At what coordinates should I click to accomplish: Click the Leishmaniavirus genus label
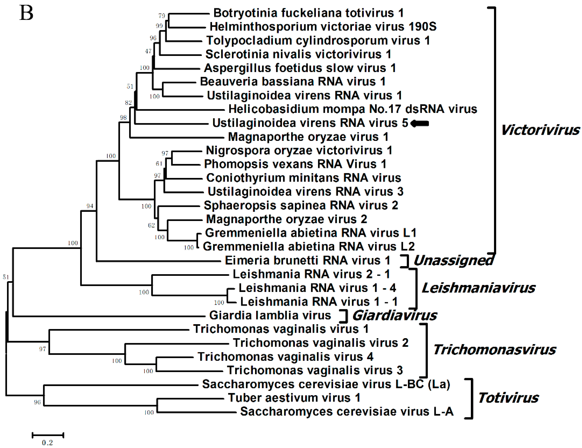click(x=478, y=288)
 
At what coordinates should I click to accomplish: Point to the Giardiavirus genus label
click(x=394, y=316)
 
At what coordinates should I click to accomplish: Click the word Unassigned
click(x=453, y=261)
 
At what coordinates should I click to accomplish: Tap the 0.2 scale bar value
click(x=48, y=443)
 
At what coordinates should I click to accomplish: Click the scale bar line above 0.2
click(x=48, y=435)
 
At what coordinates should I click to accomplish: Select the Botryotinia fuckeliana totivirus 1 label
click(x=308, y=13)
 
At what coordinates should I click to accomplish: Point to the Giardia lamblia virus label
click(x=270, y=315)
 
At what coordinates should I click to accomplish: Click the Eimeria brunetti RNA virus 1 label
click(x=308, y=261)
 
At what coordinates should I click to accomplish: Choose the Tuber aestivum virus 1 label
click(x=294, y=398)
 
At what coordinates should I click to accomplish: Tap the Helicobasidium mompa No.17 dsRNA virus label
click(x=353, y=109)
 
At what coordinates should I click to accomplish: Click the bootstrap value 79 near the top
click(x=162, y=16)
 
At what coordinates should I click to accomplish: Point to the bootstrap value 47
click(x=148, y=51)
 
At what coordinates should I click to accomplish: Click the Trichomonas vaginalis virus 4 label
click(x=285, y=357)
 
